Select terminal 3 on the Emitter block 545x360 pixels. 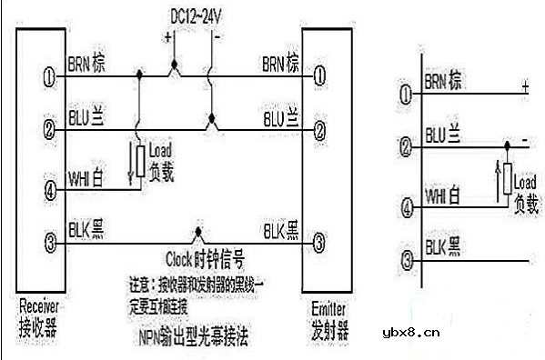pyautogui.click(x=318, y=244)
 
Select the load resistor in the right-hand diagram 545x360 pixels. pyautogui.click(x=507, y=179)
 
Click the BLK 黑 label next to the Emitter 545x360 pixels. pyautogui.click(x=280, y=229)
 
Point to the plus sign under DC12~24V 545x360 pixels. pyautogui.click(x=168, y=37)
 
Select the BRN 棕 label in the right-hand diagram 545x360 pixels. pyautogui.click(x=443, y=81)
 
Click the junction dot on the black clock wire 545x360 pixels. pyautogui.click(x=197, y=235)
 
